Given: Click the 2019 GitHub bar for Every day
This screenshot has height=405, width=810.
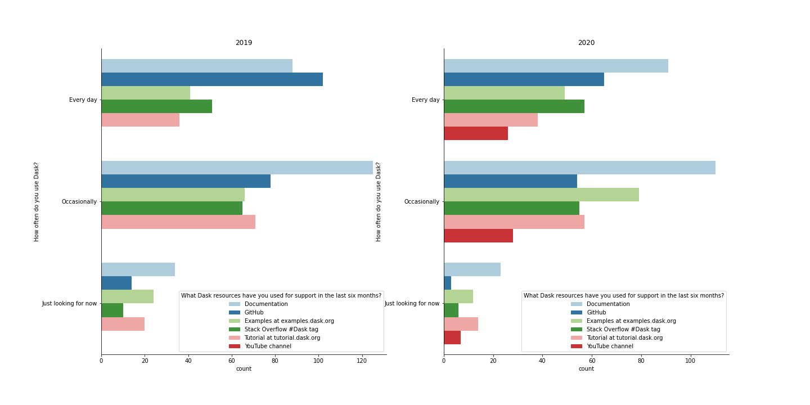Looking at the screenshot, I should coord(212,79).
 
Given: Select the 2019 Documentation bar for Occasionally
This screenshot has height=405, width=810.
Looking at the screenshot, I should coord(237,168).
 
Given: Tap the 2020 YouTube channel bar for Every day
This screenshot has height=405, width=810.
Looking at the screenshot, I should coord(476,133).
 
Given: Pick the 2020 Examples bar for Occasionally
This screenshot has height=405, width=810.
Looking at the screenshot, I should coord(541,195).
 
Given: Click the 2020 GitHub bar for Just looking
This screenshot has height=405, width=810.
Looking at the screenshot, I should coord(448,283).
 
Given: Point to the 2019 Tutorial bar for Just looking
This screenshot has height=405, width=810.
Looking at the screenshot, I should coord(123,324).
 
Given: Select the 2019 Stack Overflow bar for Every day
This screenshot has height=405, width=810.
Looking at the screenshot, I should coord(156,106).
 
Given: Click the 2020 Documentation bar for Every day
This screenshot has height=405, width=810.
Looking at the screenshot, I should coord(556,66).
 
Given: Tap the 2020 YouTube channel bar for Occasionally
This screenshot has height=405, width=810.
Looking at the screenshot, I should coord(478,236).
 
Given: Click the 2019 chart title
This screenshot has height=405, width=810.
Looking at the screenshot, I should coord(244,43).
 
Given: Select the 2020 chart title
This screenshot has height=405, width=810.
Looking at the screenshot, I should coord(586,43).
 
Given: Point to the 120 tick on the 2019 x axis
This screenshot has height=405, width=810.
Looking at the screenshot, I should coord(362,361).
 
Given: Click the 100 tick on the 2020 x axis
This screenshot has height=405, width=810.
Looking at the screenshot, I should coord(690,361).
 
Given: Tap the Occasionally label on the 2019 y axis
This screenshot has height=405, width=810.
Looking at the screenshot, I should coord(79,201).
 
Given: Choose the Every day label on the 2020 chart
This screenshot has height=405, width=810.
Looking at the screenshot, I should coord(426,100).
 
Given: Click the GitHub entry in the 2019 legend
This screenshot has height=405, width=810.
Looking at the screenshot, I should coord(254,312).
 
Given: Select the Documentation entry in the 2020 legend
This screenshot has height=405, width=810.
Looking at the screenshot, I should coord(608,304).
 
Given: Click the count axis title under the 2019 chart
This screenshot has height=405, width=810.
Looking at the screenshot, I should coord(244,369).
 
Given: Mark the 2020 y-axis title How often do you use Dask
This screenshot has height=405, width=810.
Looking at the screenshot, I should coord(379,201).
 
